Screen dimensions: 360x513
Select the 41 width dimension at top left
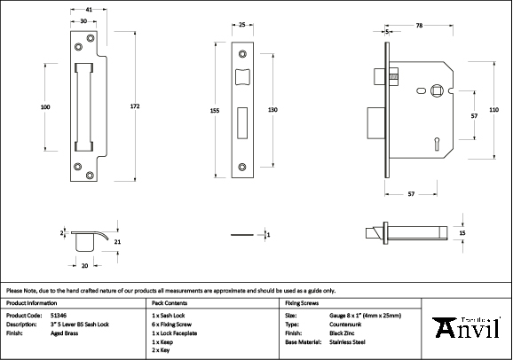pos(90,10)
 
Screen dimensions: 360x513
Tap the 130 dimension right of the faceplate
pos(273,109)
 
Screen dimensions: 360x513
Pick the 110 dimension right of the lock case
pos(494,109)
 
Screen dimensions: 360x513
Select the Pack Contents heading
pos(169,301)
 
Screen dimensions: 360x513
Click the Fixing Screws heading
pos(301,301)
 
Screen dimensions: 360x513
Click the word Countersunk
pos(345,324)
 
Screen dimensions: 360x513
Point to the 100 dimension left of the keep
pos(45,107)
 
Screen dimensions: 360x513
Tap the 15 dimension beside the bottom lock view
pos(462,233)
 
